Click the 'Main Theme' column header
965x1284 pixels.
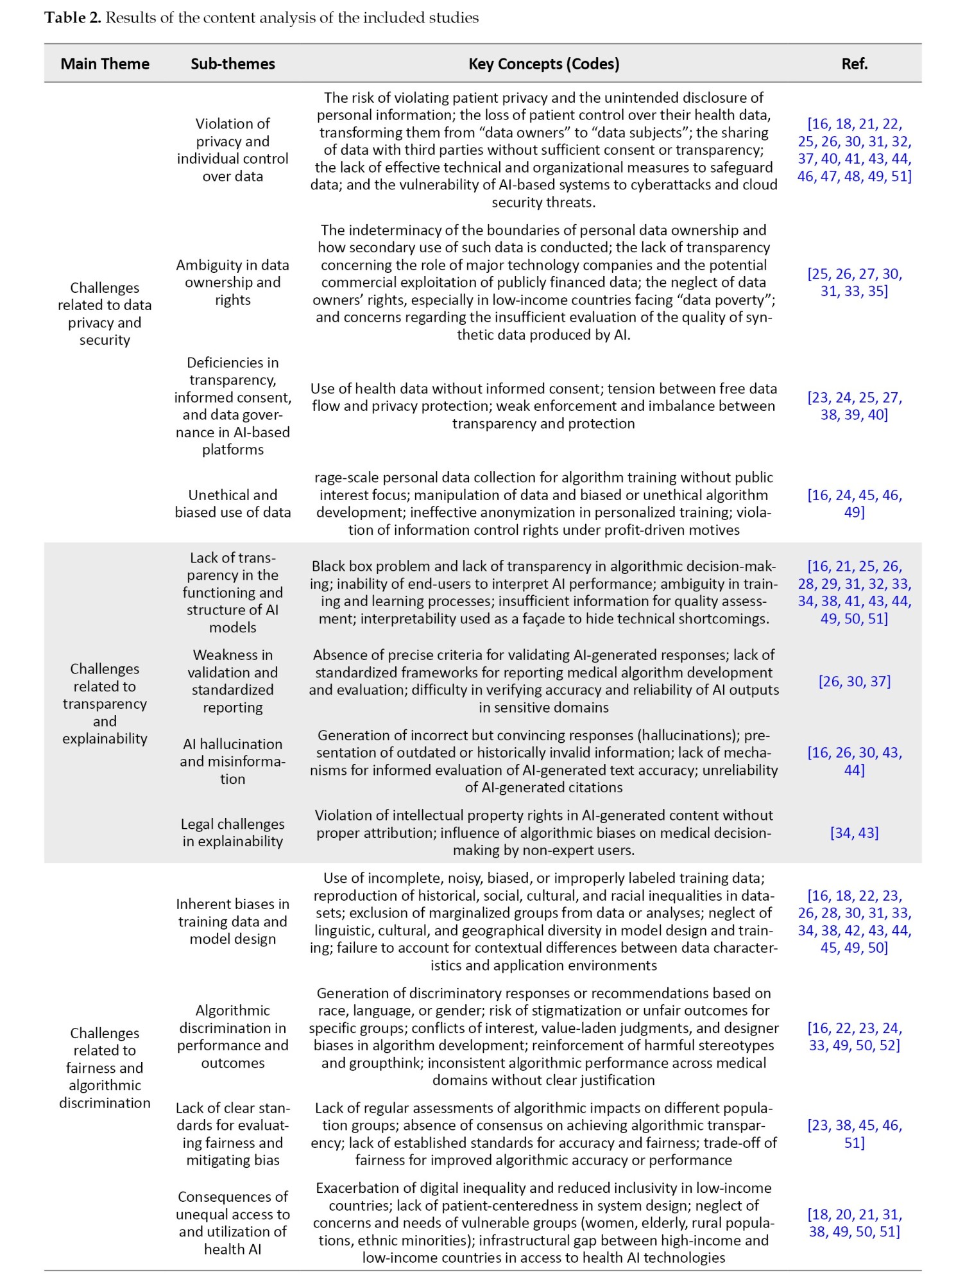click(x=105, y=64)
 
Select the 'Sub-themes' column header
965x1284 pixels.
click(x=232, y=64)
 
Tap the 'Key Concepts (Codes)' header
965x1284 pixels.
click(x=543, y=64)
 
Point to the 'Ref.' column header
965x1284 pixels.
click(x=854, y=64)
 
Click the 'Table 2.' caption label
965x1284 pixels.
click(x=73, y=17)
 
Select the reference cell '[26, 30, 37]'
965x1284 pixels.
click(x=854, y=681)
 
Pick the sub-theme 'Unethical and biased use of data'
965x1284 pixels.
click(x=232, y=503)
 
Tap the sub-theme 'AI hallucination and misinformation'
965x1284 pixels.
click(x=232, y=761)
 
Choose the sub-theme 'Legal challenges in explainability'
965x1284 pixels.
click(x=232, y=833)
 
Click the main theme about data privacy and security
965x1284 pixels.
click(x=105, y=314)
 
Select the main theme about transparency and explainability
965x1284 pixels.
click(x=105, y=704)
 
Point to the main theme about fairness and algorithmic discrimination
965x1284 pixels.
click(x=105, y=1068)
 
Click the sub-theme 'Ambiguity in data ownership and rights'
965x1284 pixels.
click(x=232, y=282)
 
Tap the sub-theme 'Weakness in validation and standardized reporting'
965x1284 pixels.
click(x=232, y=681)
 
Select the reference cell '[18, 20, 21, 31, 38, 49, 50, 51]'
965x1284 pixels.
click(x=854, y=1223)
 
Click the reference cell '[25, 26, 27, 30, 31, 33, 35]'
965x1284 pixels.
click(x=854, y=282)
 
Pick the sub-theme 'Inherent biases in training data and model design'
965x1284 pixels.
click(x=232, y=921)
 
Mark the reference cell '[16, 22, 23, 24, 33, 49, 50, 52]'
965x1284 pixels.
click(x=854, y=1036)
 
